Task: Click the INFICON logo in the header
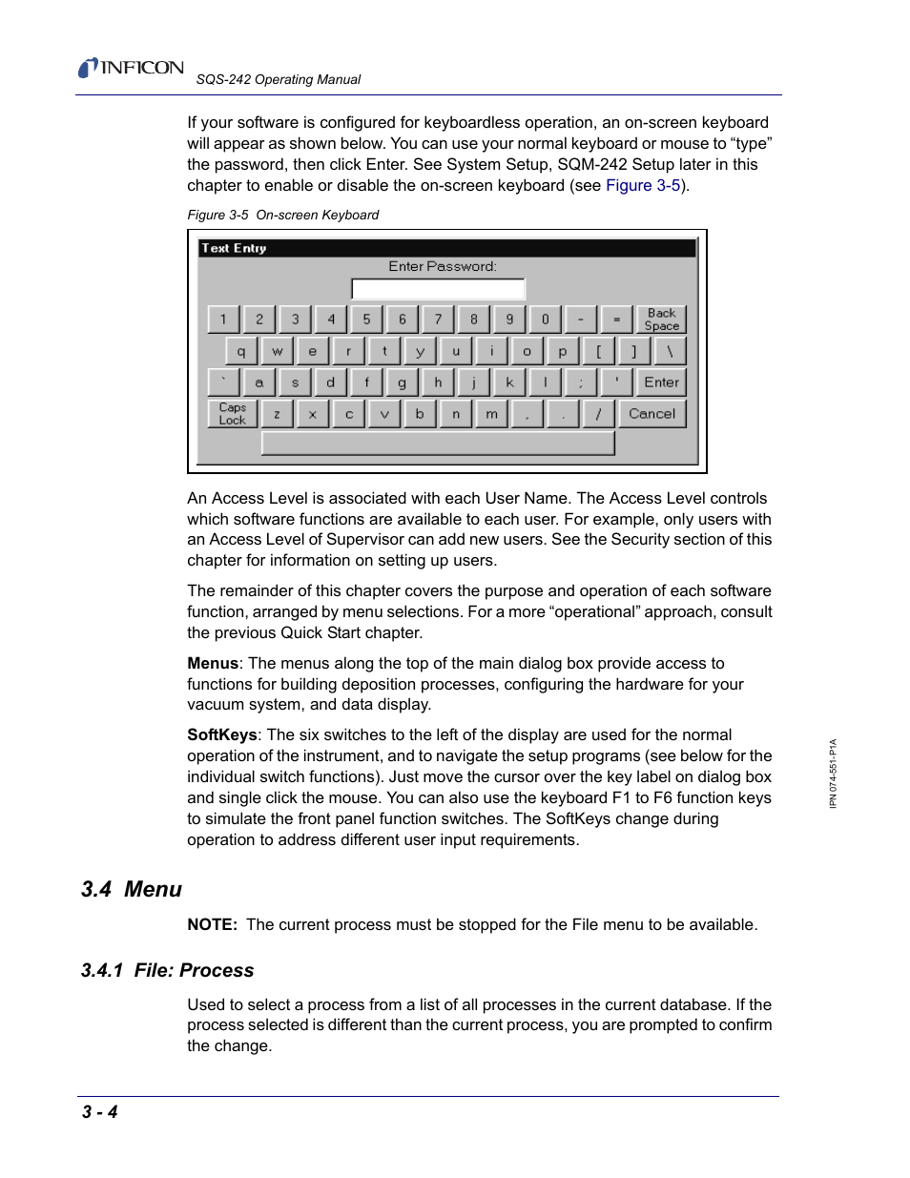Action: point(132,68)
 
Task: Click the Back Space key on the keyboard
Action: point(661,320)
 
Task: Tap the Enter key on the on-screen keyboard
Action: point(661,382)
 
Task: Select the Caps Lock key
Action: point(232,414)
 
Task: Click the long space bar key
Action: point(438,444)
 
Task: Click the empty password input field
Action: point(438,289)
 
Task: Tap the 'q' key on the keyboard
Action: point(240,351)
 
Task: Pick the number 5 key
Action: point(366,320)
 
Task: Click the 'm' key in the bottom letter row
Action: point(491,414)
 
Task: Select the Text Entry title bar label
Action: point(235,248)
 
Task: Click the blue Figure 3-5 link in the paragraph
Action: point(643,185)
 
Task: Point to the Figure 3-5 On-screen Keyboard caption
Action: point(282,215)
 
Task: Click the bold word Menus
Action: point(213,663)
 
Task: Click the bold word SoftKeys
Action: point(221,734)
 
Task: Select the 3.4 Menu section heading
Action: point(132,889)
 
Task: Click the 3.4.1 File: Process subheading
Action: point(168,970)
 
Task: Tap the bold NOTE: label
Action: point(212,924)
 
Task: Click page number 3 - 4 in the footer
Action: point(100,1111)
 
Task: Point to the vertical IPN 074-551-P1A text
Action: point(833,774)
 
